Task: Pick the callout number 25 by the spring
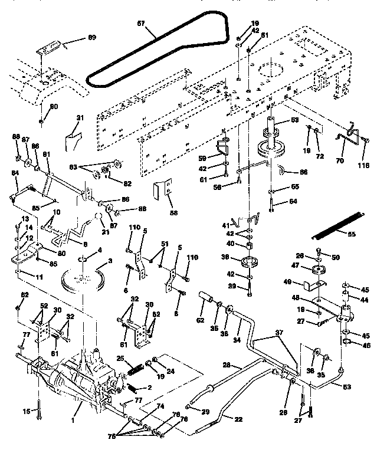pos(119,359)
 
